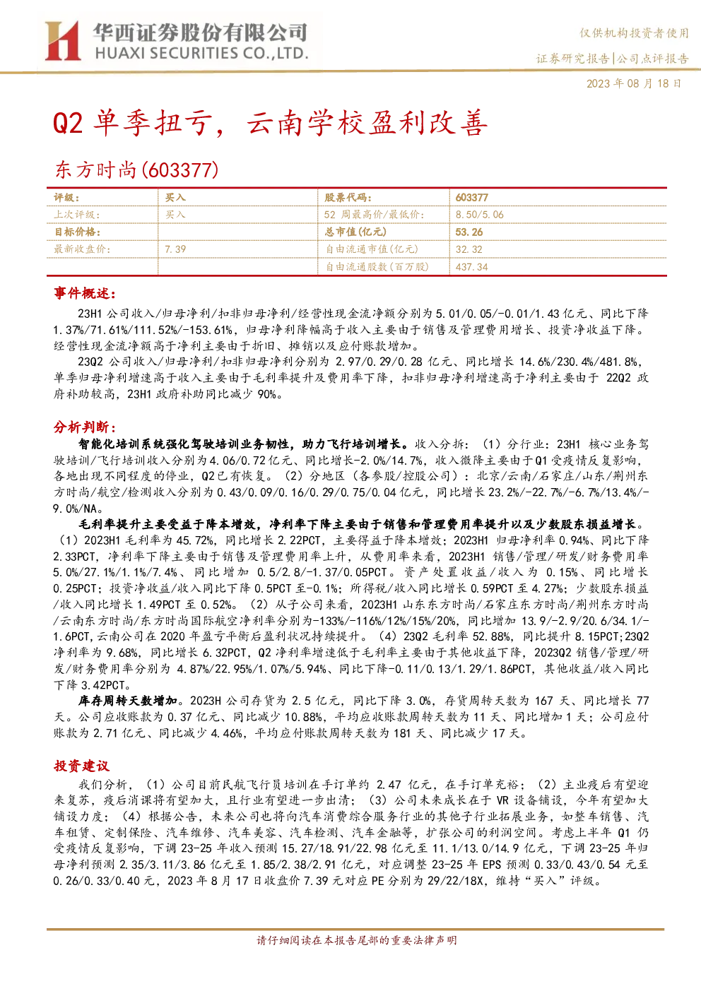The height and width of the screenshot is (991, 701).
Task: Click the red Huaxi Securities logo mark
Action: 62,40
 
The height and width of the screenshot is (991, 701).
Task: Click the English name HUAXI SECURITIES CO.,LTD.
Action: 202,54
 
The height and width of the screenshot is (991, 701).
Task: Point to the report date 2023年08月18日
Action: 634,83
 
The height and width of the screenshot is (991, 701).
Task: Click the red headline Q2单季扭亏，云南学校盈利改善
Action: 270,122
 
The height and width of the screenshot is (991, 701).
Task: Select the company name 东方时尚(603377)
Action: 137,170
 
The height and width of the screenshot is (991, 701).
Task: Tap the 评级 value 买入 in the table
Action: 175,197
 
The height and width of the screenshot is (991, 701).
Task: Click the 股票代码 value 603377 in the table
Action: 472,197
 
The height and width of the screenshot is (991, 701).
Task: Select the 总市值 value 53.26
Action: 469,232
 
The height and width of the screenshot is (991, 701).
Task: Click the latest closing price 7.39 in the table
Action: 175,249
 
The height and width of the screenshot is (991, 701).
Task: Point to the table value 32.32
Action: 469,249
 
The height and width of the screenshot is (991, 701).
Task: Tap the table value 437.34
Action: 472,267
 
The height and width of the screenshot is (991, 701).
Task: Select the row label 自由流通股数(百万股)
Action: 377,267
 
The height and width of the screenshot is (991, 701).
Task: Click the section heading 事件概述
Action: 85,293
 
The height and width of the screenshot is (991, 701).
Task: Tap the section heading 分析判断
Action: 85,427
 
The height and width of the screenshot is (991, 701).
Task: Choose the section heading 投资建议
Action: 81,766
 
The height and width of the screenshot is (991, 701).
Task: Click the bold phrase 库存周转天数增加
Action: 128,701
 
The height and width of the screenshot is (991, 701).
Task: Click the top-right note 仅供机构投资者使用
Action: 634,32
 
